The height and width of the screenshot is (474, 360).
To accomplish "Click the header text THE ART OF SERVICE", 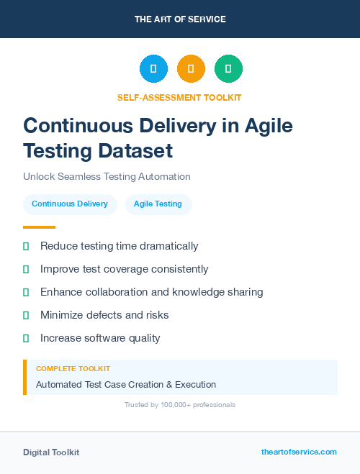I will click(x=180, y=19).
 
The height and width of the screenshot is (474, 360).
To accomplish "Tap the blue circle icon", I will click(x=153, y=69).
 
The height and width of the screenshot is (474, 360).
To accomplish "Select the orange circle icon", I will click(x=191, y=69).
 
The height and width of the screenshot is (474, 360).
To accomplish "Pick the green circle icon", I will click(x=228, y=69).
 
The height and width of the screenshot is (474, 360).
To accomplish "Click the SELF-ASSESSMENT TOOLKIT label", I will click(x=179, y=97).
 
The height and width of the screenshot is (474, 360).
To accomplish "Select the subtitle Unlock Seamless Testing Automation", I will click(x=107, y=176).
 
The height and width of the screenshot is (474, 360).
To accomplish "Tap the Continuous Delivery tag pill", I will click(x=70, y=204).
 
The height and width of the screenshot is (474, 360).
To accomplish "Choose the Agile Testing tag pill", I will click(x=158, y=204).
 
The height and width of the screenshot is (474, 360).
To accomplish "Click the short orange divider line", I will click(x=39, y=227).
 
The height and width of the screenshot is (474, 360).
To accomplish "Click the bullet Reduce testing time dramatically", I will click(x=119, y=246).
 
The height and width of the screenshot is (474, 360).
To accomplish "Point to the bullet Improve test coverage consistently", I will click(x=124, y=269).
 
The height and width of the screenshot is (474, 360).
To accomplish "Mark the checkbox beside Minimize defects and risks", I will click(x=26, y=315).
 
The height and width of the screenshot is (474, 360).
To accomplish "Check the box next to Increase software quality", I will click(x=26, y=338).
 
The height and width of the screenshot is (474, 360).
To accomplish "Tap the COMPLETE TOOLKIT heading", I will click(x=73, y=369).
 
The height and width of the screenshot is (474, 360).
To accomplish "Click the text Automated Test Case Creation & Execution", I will click(x=126, y=385).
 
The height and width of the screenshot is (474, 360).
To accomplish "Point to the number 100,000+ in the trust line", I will click(x=170, y=405).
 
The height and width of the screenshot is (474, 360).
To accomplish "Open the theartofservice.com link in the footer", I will click(x=299, y=452).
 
